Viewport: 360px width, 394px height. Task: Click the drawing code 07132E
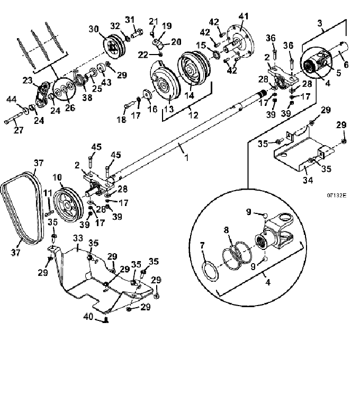pos(336,195)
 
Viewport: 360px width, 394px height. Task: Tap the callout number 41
pos(243,17)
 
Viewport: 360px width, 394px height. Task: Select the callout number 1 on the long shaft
pos(186,158)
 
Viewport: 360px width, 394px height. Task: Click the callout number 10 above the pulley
pos(57,177)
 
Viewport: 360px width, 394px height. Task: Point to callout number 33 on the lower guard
pos(78,238)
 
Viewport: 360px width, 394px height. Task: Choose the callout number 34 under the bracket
pos(308,180)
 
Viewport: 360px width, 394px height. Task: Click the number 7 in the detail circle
pos(203,245)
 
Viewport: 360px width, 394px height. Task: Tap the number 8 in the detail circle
pos(227,230)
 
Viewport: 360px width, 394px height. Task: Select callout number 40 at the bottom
pos(88,317)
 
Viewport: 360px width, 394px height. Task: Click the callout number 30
pos(94,29)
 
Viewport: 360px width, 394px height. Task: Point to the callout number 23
pos(28,80)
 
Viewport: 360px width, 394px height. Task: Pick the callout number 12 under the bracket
pos(193,115)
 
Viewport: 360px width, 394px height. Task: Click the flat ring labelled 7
pos(210,271)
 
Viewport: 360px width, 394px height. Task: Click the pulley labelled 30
pos(114,46)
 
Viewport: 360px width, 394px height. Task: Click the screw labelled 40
pos(106,320)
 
